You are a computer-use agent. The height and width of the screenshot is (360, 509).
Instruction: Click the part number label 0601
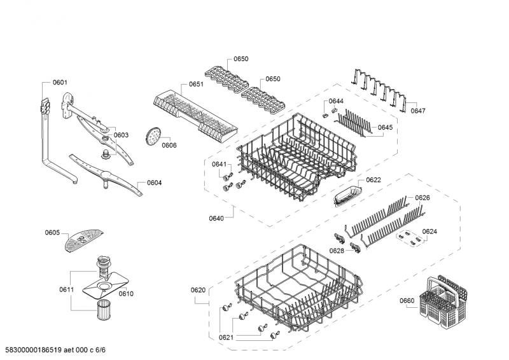60,83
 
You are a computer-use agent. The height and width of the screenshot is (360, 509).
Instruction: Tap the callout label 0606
169,146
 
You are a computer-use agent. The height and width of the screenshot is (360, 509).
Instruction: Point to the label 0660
407,301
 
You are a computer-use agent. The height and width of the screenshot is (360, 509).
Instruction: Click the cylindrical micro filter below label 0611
103,310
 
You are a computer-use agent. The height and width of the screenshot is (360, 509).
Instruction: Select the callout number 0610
126,294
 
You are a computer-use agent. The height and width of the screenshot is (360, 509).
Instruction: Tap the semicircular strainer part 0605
84,240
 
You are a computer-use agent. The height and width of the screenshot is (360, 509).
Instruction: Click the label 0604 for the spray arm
154,183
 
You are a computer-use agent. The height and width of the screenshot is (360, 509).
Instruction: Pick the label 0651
197,85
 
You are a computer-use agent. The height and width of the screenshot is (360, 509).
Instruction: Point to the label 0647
418,111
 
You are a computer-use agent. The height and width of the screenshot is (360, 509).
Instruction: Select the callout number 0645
386,128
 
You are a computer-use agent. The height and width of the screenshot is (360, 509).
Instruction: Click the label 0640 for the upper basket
216,218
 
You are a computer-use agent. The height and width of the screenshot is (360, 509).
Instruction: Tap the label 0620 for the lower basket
198,290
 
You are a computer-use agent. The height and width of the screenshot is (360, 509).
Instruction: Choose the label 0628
337,251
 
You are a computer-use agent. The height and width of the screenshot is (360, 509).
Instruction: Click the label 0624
429,232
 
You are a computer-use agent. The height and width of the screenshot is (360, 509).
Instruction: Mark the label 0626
422,198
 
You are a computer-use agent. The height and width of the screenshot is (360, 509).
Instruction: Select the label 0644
336,101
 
